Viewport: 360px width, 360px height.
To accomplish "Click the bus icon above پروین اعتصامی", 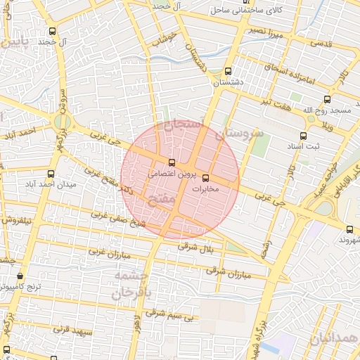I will pos(172,162).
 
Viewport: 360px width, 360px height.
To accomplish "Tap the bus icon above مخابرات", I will pos(205,178).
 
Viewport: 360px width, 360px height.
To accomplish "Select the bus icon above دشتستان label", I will pos(227,71).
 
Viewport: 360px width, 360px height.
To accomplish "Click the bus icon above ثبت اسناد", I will pos(303,136).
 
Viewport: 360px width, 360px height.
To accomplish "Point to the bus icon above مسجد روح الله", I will pos(326,100).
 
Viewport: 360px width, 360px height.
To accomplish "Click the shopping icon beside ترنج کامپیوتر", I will pos(20,276).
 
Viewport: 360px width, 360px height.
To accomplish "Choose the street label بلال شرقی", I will pos(195,247).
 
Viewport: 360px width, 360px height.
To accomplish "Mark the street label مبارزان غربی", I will pos(105,250).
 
